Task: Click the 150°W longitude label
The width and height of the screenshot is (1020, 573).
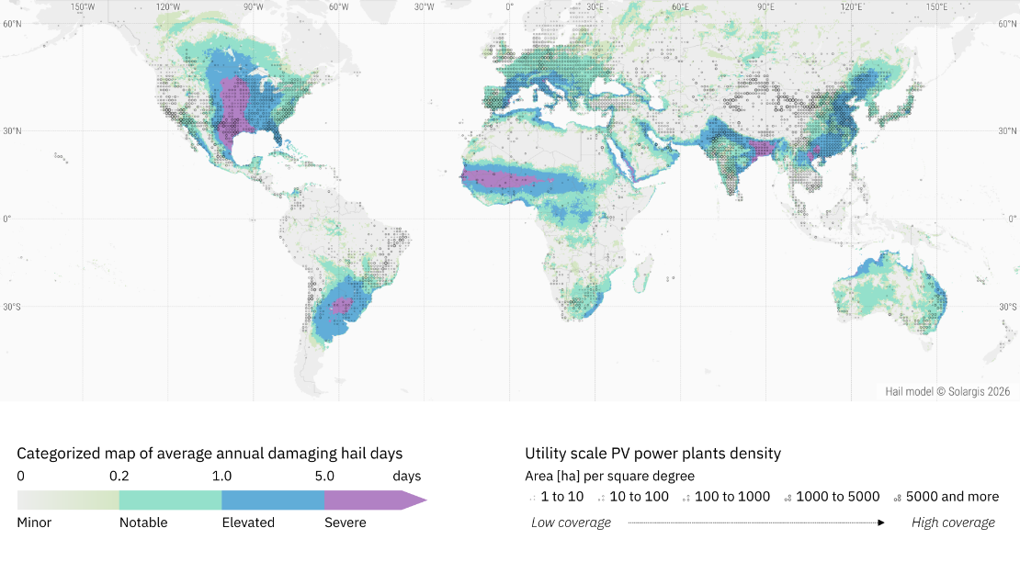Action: [x=83, y=7]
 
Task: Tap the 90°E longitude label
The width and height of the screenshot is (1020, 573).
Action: [x=765, y=7]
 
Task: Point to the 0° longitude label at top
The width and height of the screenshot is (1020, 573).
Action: [x=509, y=7]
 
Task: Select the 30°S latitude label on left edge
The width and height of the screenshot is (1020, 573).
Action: [x=12, y=307]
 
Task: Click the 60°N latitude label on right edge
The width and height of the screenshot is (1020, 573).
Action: [x=1008, y=24]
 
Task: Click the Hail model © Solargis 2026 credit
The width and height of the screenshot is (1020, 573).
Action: [x=947, y=391]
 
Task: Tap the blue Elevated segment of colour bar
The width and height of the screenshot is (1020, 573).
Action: [x=273, y=500]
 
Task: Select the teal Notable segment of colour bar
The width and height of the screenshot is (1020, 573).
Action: [x=170, y=500]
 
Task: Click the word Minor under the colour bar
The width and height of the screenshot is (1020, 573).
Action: [x=34, y=522]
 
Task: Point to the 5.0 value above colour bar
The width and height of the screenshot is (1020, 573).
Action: [x=324, y=476]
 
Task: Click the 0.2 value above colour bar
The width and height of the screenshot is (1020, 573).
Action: [x=119, y=476]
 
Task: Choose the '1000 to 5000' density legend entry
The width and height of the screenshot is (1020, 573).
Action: [x=832, y=497]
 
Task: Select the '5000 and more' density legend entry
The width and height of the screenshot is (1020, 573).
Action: [x=946, y=497]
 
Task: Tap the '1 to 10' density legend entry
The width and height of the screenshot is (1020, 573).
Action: [x=557, y=497]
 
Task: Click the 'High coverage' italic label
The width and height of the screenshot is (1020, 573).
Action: [x=953, y=522]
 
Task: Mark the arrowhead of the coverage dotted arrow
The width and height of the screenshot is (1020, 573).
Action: [x=881, y=522]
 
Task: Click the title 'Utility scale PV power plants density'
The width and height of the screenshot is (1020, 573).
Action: [x=653, y=454]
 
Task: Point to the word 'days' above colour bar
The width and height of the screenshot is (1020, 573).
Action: [x=406, y=476]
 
